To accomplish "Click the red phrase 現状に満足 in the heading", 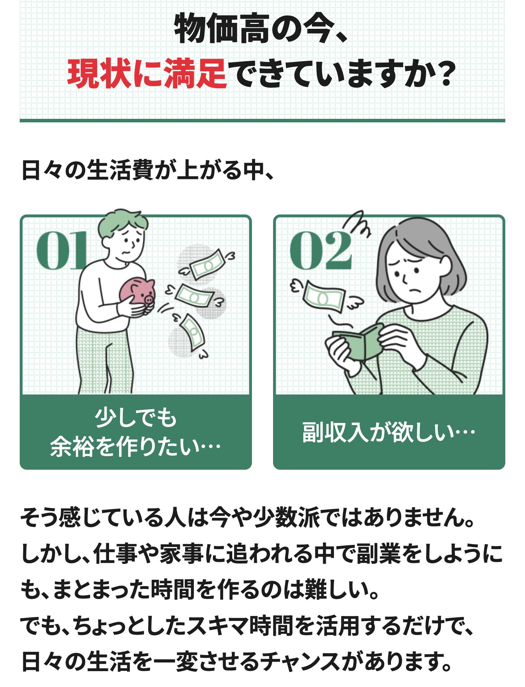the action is [x=147, y=73].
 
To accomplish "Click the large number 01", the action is [x=62, y=250].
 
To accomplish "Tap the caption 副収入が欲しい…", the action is [x=389, y=432].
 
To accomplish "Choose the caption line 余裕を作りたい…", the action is [x=135, y=447].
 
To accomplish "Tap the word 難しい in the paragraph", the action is [x=339, y=590].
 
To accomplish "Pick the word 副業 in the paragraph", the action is [x=378, y=554].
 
